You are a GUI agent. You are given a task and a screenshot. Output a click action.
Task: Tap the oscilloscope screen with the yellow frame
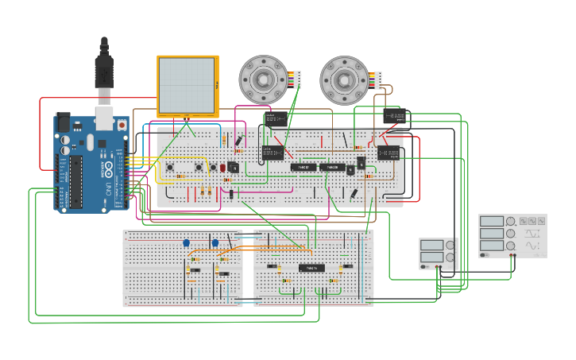(x=187, y=85)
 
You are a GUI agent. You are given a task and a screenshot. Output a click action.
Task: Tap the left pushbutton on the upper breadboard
(x=171, y=167)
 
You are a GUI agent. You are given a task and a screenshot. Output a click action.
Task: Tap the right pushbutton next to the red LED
(x=198, y=167)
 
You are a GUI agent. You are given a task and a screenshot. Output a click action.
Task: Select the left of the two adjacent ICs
(x=303, y=168)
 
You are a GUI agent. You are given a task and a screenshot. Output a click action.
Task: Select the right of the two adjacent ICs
(x=331, y=168)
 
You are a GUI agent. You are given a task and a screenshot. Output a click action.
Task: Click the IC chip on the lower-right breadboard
(x=311, y=268)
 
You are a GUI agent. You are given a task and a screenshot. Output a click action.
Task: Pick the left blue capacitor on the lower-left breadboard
(x=187, y=243)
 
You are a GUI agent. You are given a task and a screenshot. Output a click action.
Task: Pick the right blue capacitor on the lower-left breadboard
(x=215, y=243)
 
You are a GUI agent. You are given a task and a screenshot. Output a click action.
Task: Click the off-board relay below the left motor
(x=276, y=119)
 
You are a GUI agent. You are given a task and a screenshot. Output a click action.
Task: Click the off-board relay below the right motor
(x=395, y=116)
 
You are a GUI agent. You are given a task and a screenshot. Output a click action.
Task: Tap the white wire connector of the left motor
(x=298, y=79)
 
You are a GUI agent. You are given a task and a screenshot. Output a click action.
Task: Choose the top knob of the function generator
(x=512, y=221)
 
